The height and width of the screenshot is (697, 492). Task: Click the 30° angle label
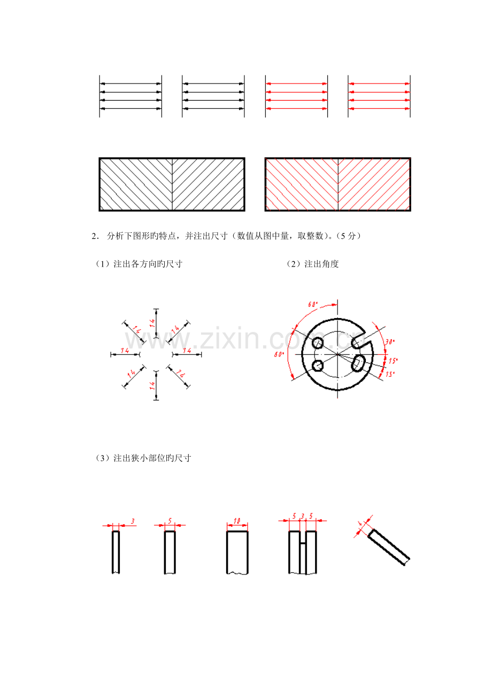(x=390, y=342)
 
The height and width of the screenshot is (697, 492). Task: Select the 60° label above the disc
(x=313, y=304)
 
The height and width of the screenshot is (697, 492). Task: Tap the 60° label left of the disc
(x=279, y=354)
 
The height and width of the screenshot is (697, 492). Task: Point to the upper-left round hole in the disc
(x=318, y=343)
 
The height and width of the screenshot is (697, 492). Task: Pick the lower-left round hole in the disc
(x=318, y=366)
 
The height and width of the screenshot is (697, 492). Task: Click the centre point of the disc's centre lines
(x=337, y=354)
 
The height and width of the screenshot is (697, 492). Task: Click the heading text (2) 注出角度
(x=312, y=264)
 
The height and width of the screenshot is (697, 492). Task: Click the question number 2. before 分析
(x=95, y=236)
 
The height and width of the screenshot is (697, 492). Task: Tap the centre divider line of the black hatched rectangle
(x=172, y=185)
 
